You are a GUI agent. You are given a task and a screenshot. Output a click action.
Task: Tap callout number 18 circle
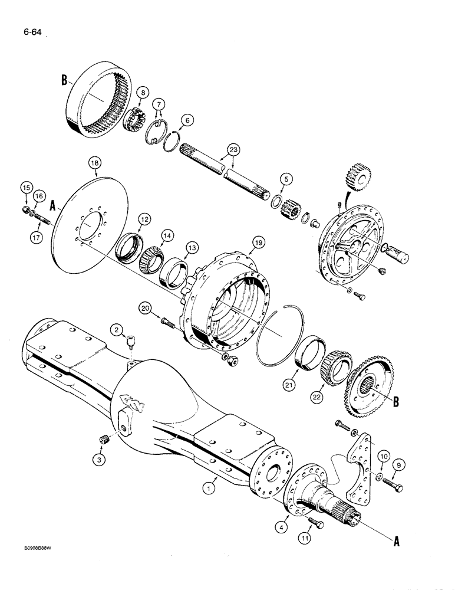[95, 162]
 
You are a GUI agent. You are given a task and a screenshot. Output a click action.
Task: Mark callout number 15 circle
[24, 188]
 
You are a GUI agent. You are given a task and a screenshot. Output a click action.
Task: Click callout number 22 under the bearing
[317, 399]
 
